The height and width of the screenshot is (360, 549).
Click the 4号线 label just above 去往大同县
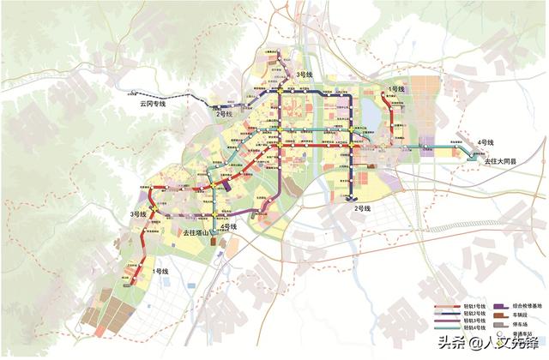click(x=486, y=141)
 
